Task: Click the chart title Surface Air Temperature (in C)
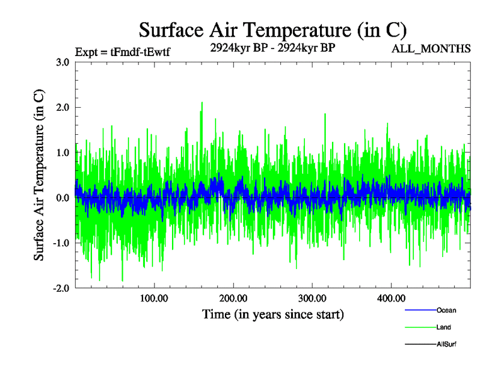pos(272,30)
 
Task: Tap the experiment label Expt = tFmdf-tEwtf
pos(122,52)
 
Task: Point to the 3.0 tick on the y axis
pos(62,62)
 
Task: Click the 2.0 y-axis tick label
pos(62,108)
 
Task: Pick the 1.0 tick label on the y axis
pos(62,152)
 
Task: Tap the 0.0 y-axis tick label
pos(62,198)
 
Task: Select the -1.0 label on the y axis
pos(61,243)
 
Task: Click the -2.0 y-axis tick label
pos(61,288)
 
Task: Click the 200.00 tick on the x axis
pos(232,298)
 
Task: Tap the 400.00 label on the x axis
pos(391,298)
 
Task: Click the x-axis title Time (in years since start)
pos(273,314)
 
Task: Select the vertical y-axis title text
pos(38,175)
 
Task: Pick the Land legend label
pos(444,328)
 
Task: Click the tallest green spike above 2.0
pos(202,103)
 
